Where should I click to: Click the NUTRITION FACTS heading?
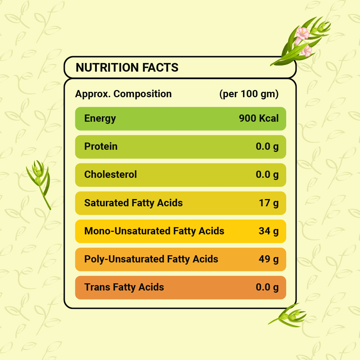(127, 67)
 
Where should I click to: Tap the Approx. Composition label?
(123, 94)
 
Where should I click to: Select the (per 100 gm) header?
(249, 94)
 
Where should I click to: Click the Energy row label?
(100, 118)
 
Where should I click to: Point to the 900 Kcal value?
(258, 118)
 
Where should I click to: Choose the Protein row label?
(101, 147)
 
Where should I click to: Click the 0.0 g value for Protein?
(267, 147)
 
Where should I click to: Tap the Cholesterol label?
(111, 175)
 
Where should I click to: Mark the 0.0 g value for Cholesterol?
(267, 175)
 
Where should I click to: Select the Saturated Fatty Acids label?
(133, 203)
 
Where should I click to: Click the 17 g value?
(269, 203)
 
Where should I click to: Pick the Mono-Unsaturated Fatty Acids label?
(154, 231)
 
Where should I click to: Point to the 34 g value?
(269, 231)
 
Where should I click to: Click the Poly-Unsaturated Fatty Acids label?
(151, 259)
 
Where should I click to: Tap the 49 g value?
(269, 259)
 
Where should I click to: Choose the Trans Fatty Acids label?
(124, 287)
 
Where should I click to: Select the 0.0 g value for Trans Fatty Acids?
(267, 287)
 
